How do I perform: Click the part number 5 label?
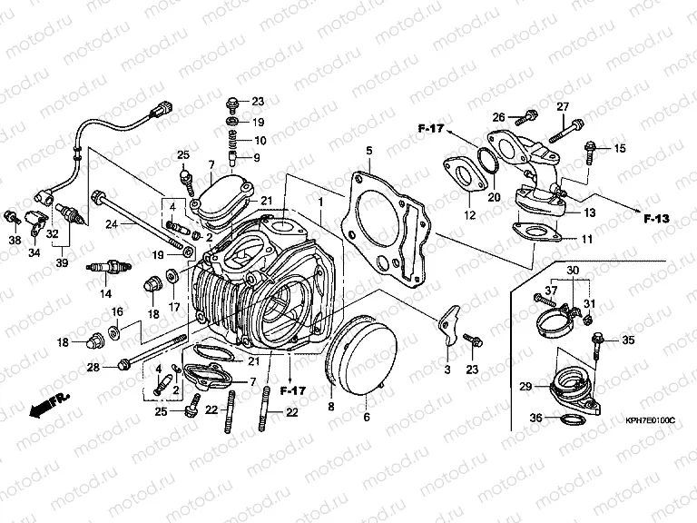coord(369,150)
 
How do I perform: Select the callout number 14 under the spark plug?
coord(105,293)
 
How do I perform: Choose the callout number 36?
coord(536,418)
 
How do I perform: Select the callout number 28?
coord(93,366)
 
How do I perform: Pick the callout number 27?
coord(562,107)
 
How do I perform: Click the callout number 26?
coord(498,117)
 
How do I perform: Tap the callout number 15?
coord(620,148)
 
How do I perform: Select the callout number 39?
coord(61,262)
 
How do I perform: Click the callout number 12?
coord(470,215)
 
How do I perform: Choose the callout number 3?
coord(446,370)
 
